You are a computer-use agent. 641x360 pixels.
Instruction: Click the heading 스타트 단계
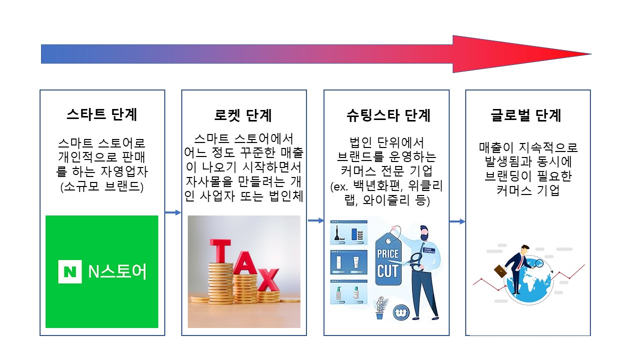102,114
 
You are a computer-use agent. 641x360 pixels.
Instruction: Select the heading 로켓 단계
243,115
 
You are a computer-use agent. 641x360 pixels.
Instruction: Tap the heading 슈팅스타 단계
388,115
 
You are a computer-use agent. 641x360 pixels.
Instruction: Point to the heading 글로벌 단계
526,115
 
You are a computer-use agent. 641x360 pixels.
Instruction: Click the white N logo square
70,271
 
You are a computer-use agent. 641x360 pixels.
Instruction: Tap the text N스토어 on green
117,271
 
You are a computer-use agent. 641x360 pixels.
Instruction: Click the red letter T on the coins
220,250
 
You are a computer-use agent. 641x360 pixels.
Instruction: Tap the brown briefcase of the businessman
500,271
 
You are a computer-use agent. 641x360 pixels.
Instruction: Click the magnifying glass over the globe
538,263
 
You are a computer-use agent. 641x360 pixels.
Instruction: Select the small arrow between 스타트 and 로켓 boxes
173,212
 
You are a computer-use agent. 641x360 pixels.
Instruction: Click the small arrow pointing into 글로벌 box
457,221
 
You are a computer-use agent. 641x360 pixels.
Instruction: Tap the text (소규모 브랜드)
102,186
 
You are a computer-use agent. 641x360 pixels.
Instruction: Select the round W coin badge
401,313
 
